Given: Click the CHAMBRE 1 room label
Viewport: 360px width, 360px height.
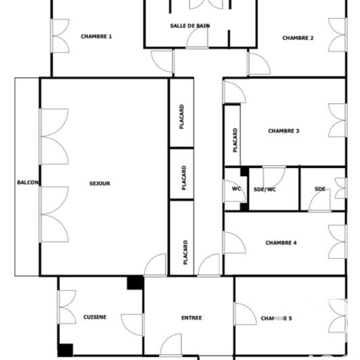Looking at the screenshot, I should tap(96, 36).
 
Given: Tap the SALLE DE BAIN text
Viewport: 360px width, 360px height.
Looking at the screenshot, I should tap(190, 26).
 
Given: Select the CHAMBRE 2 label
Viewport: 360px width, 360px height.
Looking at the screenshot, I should tap(298, 38).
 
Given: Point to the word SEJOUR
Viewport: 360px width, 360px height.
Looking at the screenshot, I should tap(100, 184).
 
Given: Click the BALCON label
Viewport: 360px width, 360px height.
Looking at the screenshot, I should tap(28, 183).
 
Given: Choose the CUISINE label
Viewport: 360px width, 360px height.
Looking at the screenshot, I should tap(95, 317).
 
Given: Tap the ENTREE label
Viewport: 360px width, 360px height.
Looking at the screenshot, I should tap(191, 318).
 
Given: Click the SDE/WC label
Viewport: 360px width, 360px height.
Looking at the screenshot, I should tap(265, 189).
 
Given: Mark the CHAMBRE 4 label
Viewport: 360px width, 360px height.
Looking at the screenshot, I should tap(281, 243).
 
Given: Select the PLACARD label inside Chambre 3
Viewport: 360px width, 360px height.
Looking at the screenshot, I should tap(235, 140).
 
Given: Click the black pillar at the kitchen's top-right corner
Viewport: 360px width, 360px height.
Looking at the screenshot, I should tap(135, 283).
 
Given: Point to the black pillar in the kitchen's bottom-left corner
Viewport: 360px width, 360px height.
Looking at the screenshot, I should tap(65, 350).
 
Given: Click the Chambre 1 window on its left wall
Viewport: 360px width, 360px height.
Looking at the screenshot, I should tap(60, 36).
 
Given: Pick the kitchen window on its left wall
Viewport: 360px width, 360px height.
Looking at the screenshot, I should tap(66, 307).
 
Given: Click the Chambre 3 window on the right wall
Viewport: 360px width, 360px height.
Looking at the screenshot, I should tap(337, 120).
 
